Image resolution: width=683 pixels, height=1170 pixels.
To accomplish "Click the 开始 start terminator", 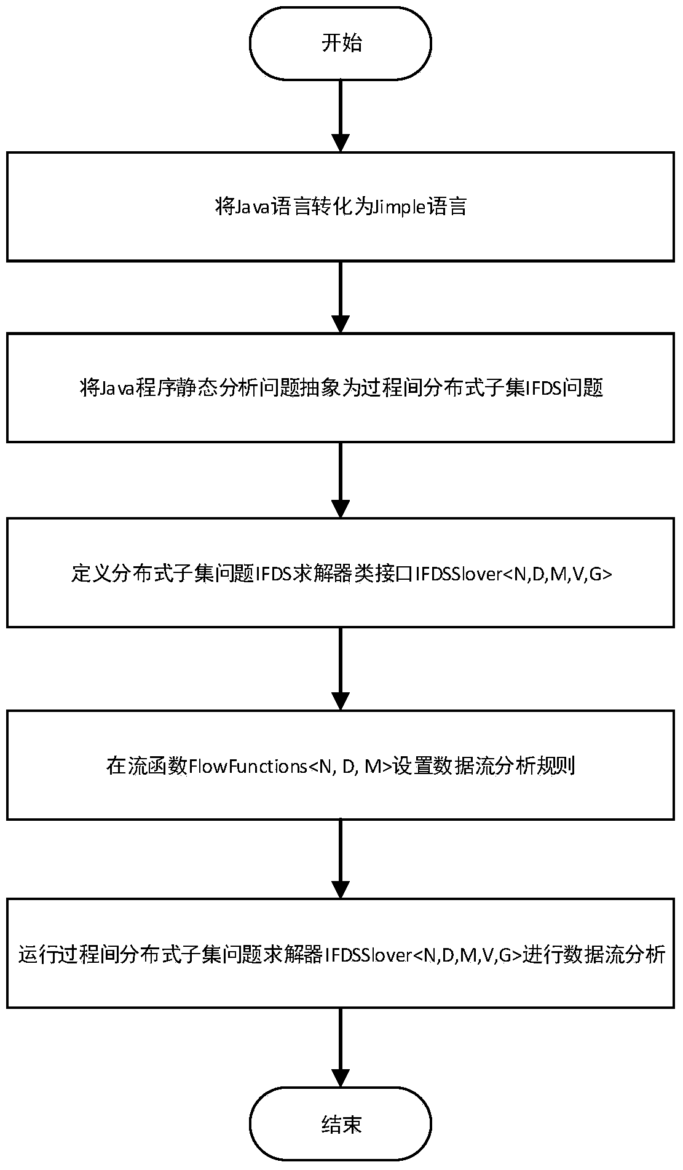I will pyautogui.click(x=341, y=44).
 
